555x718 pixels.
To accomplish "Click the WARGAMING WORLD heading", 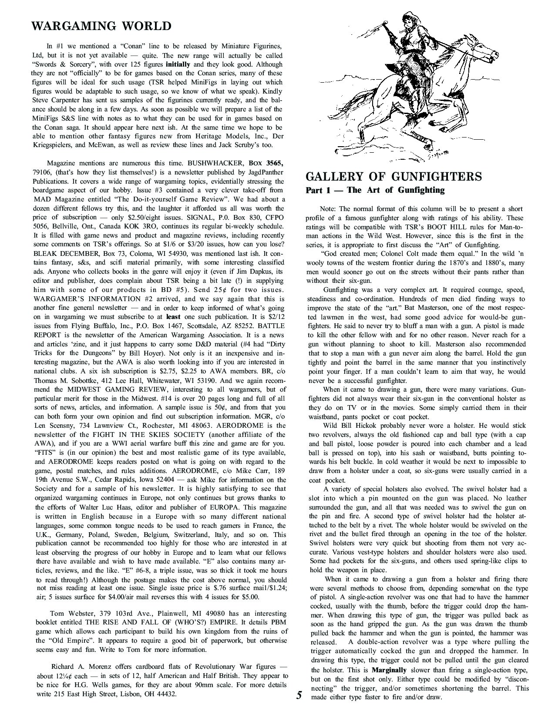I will coord(101,26).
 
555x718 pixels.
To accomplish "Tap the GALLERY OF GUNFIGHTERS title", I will coord(394,176).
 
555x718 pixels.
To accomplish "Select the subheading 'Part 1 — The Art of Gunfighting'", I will coord(375,190).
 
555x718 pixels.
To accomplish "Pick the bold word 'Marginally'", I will coord(389,670).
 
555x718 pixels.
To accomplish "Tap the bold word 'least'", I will coord(174,317).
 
